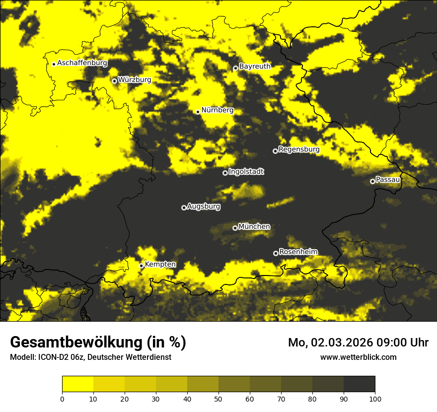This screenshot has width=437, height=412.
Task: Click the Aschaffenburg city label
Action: point(82,63)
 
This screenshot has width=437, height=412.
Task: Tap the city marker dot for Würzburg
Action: point(114,81)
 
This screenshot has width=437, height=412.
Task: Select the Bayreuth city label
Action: point(255,66)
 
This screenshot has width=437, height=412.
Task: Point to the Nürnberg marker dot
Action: point(198,112)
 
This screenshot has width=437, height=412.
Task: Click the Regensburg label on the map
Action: point(299,149)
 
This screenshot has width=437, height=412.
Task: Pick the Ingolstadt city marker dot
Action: point(225,173)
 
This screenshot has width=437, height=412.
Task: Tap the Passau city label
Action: point(388,179)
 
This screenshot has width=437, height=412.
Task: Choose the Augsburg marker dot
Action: point(184,207)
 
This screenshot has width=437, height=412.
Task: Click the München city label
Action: point(254,226)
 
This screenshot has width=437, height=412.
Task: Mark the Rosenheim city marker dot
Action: point(276,253)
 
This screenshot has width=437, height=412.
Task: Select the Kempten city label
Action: point(160,264)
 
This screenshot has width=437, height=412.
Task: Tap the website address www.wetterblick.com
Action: point(358,357)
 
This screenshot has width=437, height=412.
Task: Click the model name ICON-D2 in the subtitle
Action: point(52,357)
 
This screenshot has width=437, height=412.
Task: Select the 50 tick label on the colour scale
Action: point(218,398)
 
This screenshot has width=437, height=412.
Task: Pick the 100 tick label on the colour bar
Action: point(375,398)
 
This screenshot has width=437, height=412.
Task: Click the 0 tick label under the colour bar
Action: point(62,398)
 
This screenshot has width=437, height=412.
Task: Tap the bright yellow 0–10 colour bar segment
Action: point(77,384)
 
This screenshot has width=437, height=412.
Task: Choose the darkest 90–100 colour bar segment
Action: point(359,384)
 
